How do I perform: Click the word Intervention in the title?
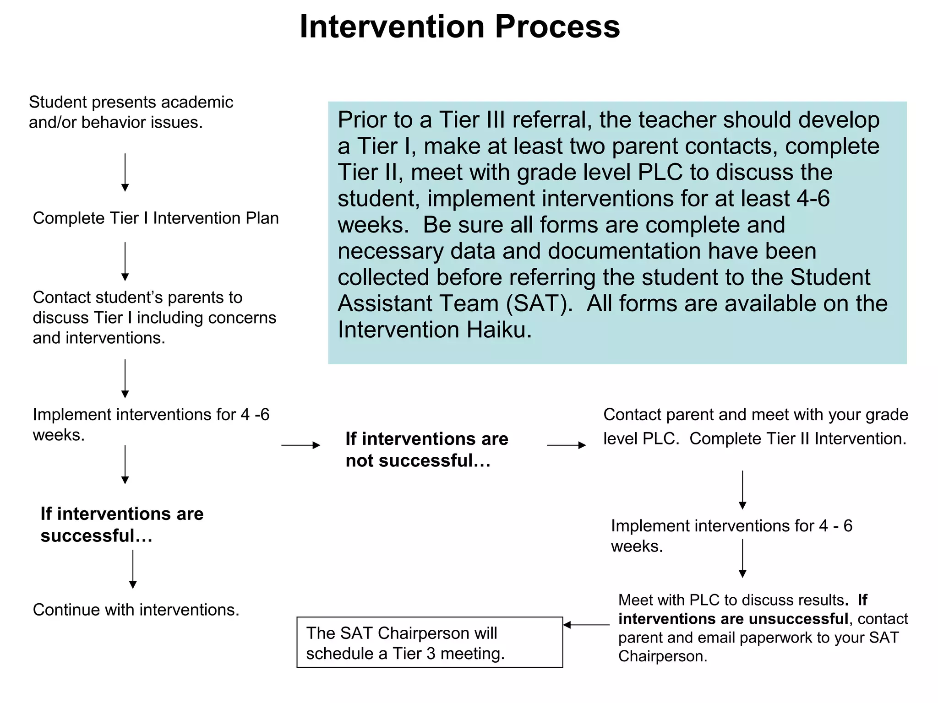(392, 27)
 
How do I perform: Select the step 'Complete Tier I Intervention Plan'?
(156, 218)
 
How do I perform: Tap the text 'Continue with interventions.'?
(136, 610)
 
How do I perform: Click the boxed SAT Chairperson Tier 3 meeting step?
(429, 642)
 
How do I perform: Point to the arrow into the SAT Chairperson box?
(586, 625)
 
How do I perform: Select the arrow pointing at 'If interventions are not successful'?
(300, 445)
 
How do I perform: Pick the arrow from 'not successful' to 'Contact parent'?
(567, 445)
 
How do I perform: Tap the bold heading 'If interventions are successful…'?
(122, 525)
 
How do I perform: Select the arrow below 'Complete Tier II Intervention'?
(742, 490)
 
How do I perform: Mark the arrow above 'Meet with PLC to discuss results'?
(742, 558)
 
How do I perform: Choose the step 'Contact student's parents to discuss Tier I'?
(154, 318)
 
